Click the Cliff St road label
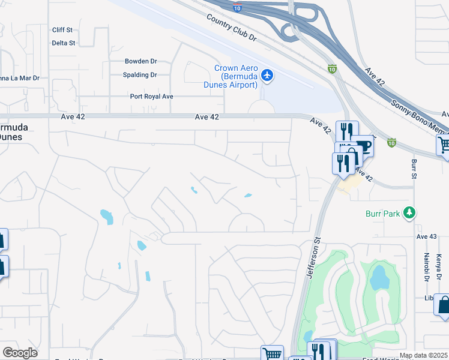tap(62, 29)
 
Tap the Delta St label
tap(63, 43)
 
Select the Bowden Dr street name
tap(140, 61)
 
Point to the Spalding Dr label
tap(140, 75)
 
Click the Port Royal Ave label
tap(152, 97)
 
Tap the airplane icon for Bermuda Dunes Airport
tap(267, 76)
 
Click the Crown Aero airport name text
tap(237, 77)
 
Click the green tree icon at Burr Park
tap(409, 212)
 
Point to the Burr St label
tap(414, 169)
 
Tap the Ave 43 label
tap(427, 236)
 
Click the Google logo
tap(20, 353)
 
